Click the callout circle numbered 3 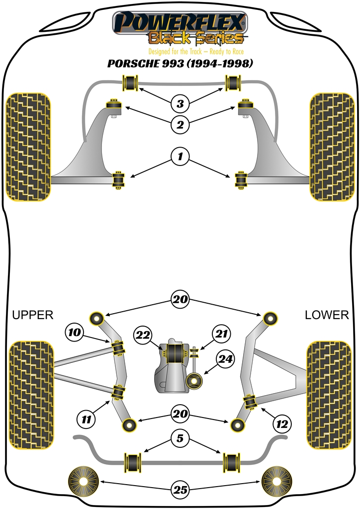pyautogui.click(x=180, y=104)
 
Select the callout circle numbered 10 pyautogui.click(x=74, y=332)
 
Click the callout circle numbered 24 pyautogui.click(x=227, y=359)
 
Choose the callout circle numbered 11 pyautogui.click(x=87, y=421)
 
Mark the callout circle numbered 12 pyautogui.click(x=282, y=424)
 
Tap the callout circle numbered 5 pyautogui.click(x=180, y=438)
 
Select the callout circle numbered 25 pyautogui.click(x=180, y=490)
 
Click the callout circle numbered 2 pyautogui.click(x=180, y=124)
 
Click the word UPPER pyautogui.click(x=32, y=315)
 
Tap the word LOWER pyautogui.click(x=327, y=315)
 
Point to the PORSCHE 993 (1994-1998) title pyautogui.click(x=180, y=64)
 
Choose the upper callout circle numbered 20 pyautogui.click(x=180, y=299)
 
